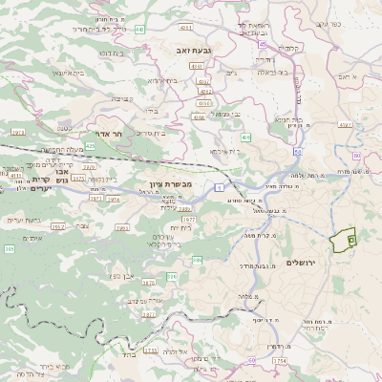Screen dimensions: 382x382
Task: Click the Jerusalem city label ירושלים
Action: pyautogui.click(x=307, y=262)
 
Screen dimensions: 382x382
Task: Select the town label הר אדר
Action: pyautogui.click(x=112, y=135)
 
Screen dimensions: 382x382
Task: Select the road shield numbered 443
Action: pyautogui.click(x=139, y=30)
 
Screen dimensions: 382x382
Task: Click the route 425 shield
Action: pyautogui.click(x=90, y=145)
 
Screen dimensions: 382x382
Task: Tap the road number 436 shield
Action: pyautogui.click(x=245, y=138)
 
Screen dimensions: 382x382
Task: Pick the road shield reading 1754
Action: pyautogui.click(x=280, y=361)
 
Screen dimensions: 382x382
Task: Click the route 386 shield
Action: pyautogui.click(x=172, y=276)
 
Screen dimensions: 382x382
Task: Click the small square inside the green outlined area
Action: pyautogui.click(x=350, y=241)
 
